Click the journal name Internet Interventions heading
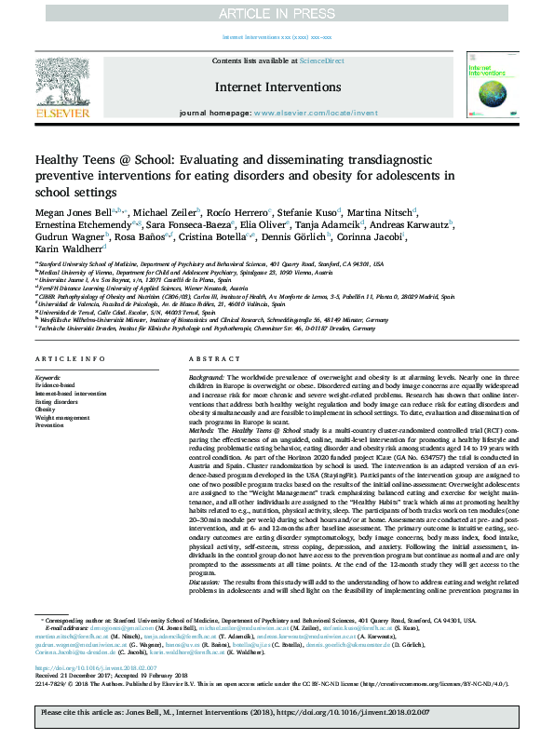277,87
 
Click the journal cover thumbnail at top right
490,87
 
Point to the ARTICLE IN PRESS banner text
277,13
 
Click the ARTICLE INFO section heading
63,359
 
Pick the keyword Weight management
63,418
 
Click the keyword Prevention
51,426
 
